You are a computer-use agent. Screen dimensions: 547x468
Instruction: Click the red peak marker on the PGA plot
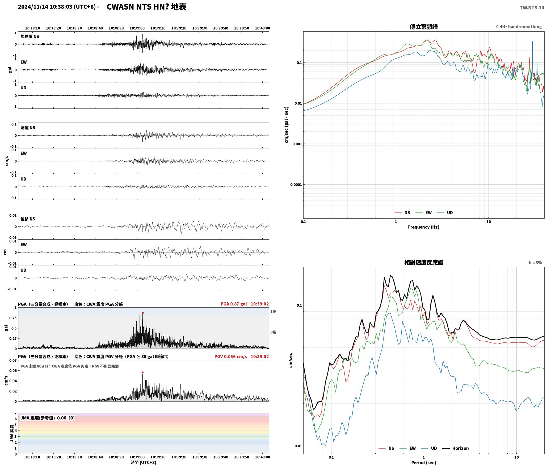coord(143,313)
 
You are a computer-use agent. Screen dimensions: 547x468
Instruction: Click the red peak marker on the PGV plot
coord(142,373)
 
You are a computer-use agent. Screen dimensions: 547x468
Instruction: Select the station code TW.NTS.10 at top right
coord(532,8)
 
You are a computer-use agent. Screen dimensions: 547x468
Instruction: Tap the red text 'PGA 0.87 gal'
coord(234,304)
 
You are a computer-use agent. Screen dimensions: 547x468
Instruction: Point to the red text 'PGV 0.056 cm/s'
coord(230,357)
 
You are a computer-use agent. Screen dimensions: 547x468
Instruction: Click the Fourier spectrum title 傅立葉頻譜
coord(424,27)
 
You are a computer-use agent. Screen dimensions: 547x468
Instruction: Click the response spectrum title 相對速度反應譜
coord(424,262)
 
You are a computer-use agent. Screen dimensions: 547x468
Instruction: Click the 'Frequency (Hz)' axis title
coord(424,227)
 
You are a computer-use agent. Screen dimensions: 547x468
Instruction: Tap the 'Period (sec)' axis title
coord(424,463)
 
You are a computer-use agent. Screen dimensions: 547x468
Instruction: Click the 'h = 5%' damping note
coord(535,263)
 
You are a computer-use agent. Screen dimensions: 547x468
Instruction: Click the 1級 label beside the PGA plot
coord(273,312)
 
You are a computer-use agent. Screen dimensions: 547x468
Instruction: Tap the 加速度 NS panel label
coord(30,36)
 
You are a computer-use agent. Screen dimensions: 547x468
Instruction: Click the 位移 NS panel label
coord(28,219)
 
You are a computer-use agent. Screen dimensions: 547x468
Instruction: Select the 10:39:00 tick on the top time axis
coord(137,28)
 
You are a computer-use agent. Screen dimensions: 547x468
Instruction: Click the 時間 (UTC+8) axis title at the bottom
coord(143,463)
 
